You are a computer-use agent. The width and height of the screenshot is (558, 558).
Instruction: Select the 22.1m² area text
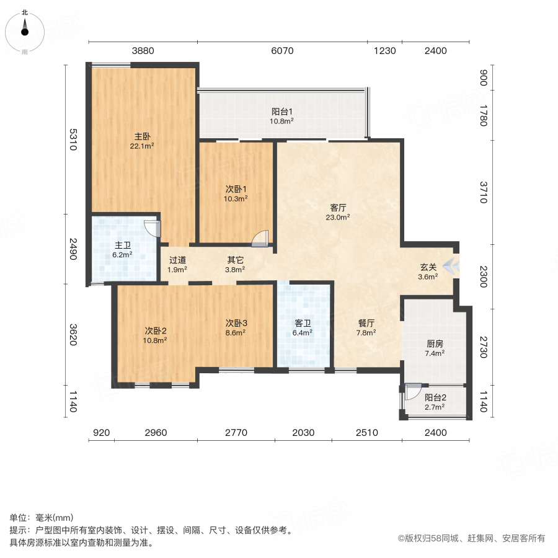point(142,146)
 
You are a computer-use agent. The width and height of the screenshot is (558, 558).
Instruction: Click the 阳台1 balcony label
point(282,112)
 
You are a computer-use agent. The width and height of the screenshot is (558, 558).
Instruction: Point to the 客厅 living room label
point(339,208)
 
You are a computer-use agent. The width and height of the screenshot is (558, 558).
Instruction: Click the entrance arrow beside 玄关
point(452,267)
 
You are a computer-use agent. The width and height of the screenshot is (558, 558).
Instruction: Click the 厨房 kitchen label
point(434,343)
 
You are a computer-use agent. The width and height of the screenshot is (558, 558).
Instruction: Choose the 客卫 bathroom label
point(303,322)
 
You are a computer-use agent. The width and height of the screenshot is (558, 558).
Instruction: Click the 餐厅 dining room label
point(366,322)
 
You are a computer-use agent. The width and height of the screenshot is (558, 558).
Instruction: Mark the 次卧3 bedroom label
point(236,322)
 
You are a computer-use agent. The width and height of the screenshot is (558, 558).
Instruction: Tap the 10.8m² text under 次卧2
point(156,340)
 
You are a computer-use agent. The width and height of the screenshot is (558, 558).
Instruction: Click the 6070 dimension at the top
point(282,51)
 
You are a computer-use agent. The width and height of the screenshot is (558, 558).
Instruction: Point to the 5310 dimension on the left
point(73,139)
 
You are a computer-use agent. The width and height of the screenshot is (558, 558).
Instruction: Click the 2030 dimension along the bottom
point(303,433)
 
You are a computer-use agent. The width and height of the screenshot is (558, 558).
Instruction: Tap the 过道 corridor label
point(177,260)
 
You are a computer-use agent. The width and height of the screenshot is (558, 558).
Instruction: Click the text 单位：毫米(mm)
point(41,518)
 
